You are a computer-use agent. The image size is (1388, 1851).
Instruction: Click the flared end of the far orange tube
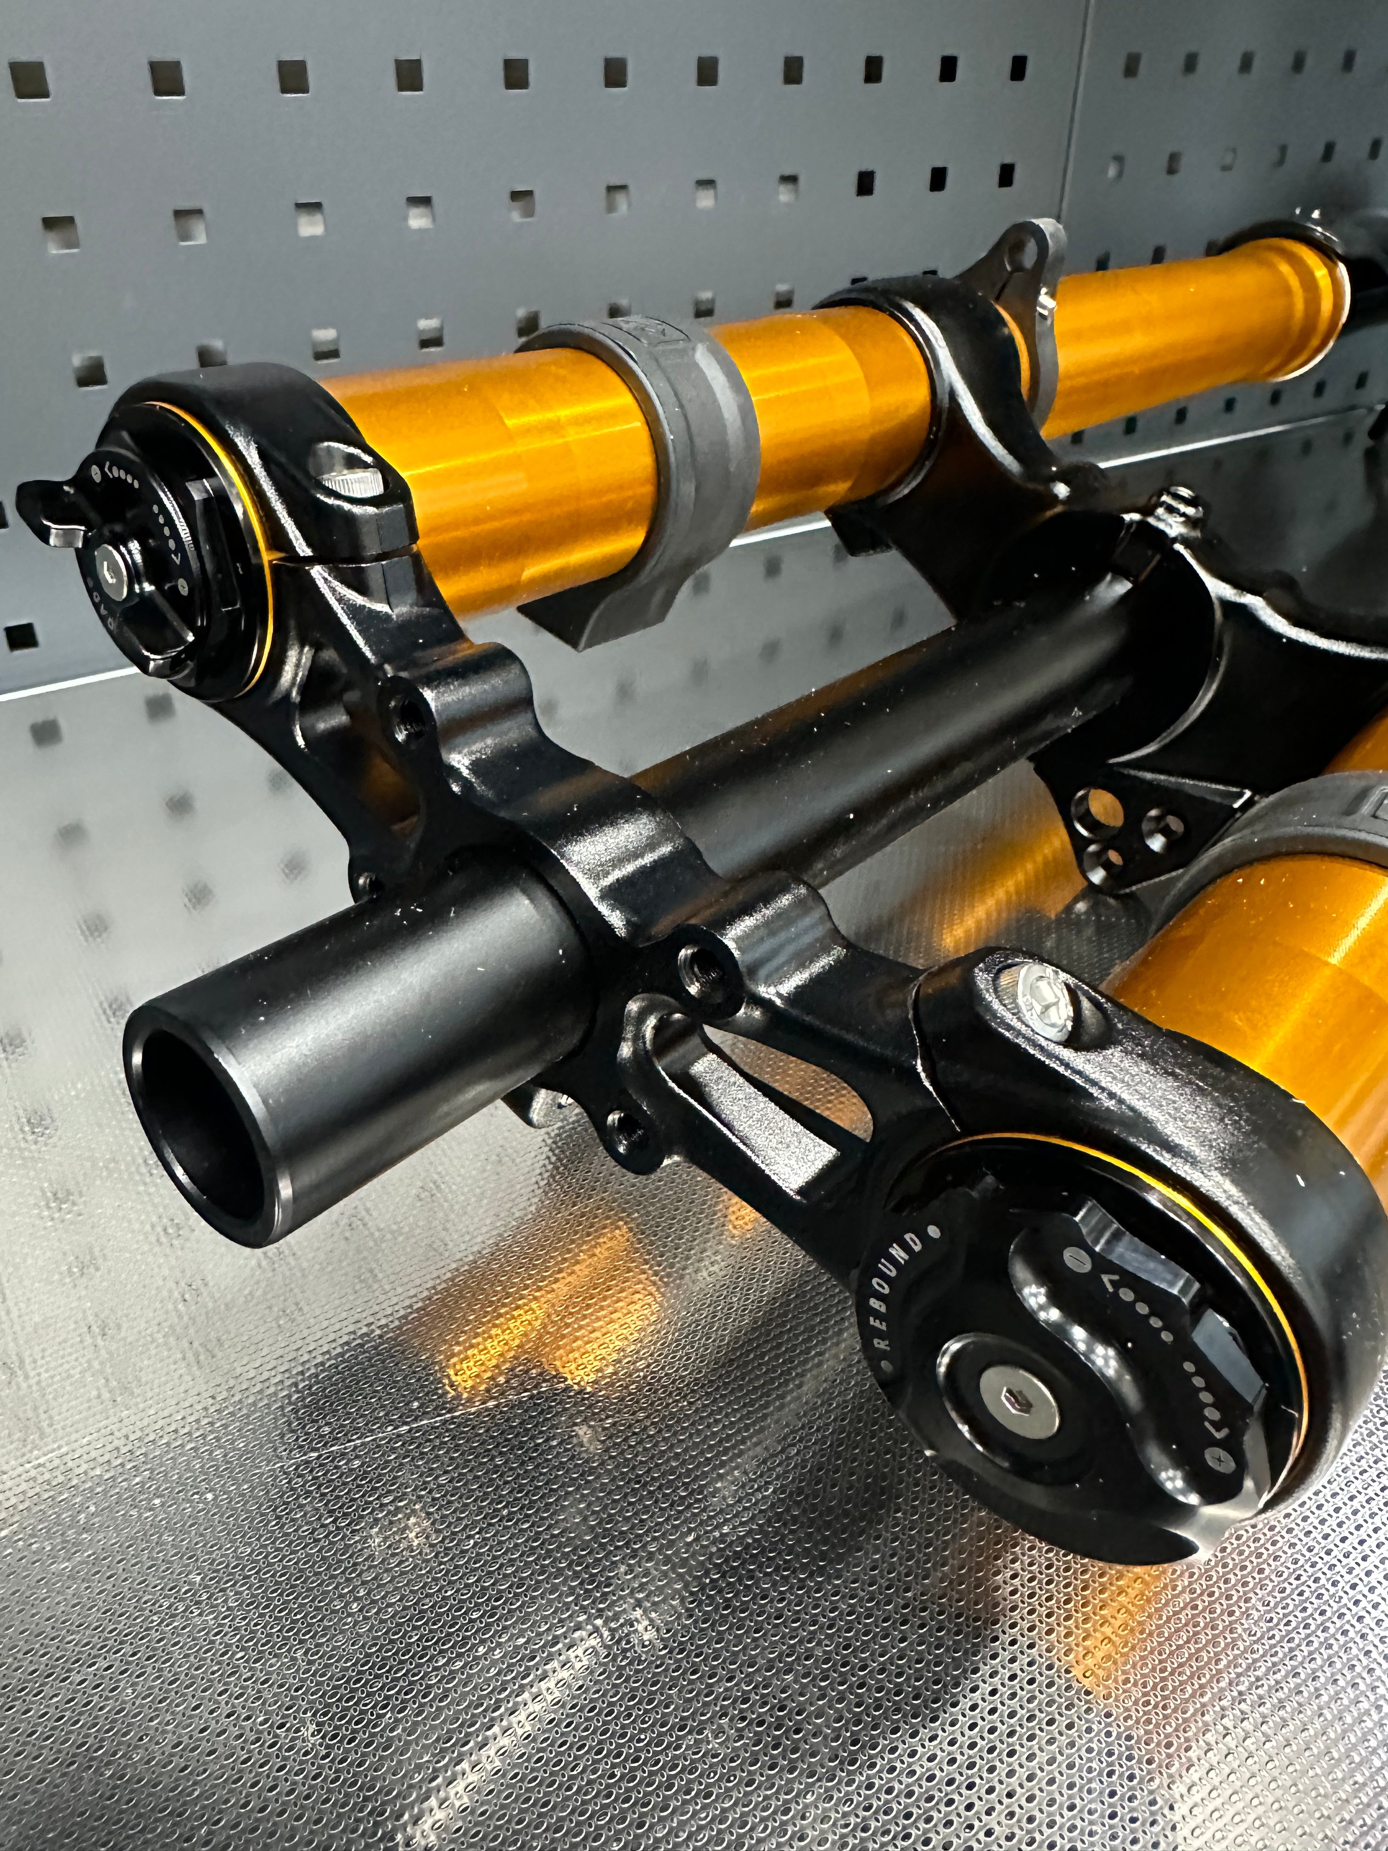(1322, 297)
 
